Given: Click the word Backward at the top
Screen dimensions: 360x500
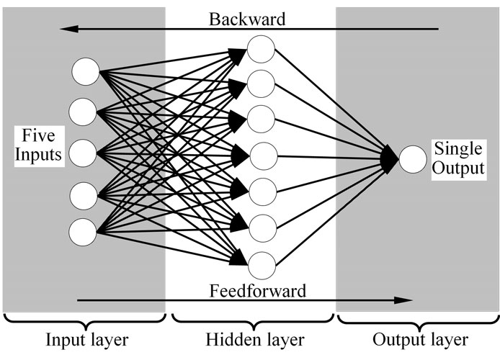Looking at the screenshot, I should (248, 18).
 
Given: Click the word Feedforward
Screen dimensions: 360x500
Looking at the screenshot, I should (257, 291).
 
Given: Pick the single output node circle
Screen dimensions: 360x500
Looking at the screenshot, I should (413, 159).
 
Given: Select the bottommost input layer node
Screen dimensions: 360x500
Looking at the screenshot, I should (84, 233).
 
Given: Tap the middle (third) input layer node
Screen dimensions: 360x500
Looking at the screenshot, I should (84, 152).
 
